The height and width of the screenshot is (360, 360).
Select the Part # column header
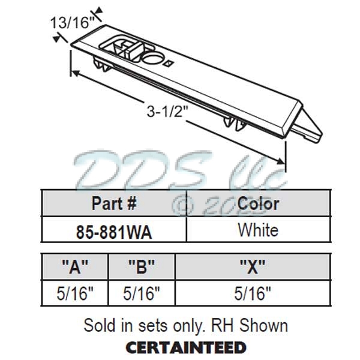[x=114, y=203]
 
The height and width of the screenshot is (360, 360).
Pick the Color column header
[x=258, y=203]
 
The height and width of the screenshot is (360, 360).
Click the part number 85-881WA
[x=114, y=230]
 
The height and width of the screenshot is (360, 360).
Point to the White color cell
[x=258, y=230]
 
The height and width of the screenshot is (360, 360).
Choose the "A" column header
[x=74, y=266]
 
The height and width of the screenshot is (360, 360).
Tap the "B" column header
[x=141, y=266]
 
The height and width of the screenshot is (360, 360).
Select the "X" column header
[x=252, y=266]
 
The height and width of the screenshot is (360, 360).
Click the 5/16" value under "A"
[x=74, y=293]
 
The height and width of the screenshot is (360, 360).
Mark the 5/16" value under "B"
[x=141, y=293]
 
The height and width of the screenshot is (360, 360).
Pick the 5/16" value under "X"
[x=252, y=293]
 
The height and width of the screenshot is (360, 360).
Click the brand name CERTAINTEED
[x=185, y=347]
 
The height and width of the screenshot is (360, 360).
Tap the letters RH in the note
[x=219, y=326]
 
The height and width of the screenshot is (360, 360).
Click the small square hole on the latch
[x=170, y=61]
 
